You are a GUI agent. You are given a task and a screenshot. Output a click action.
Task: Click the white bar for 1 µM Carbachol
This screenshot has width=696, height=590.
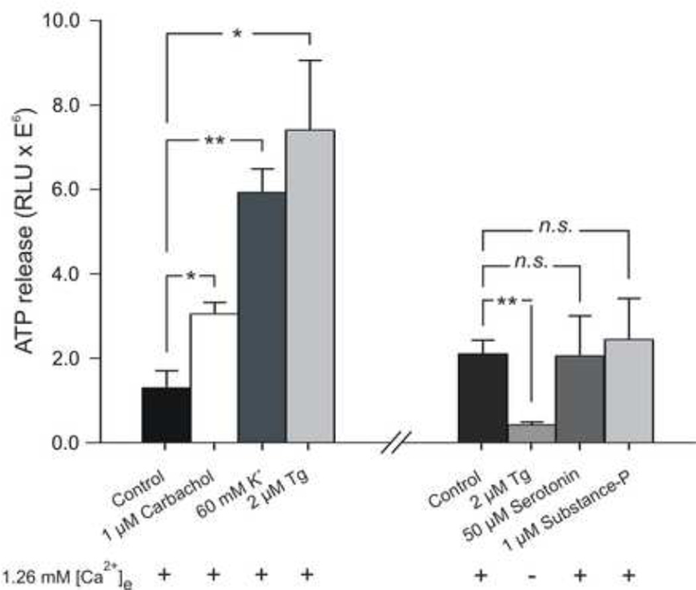point(215,378)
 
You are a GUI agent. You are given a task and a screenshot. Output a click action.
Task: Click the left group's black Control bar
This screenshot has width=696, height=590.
point(166,415)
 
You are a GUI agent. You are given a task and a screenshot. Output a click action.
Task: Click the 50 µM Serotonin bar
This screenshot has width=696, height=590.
point(580,398)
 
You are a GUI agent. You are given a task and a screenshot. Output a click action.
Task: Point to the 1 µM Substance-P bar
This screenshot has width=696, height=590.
point(628,390)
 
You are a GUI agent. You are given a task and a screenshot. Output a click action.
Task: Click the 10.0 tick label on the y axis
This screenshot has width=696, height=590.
point(61,21)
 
